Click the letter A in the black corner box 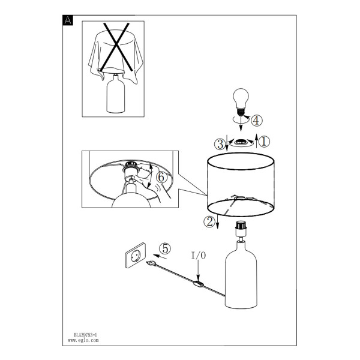click(x=68, y=20)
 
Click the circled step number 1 click(x=264, y=142)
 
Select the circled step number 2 click(x=209, y=222)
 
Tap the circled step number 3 click(x=220, y=145)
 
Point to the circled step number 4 click(x=256, y=121)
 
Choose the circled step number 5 click(x=166, y=248)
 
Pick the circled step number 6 click(x=161, y=178)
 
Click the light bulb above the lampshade click(x=241, y=102)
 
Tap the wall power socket click(x=135, y=256)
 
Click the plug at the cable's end click(x=151, y=263)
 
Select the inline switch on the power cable click(x=199, y=284)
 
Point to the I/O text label click(x=199, y=256)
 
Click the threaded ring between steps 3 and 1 click(x=241, y=142)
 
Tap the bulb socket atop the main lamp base click(x=241, y=228)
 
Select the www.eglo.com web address click(x=83, y=340)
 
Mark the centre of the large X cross click(x=116, y=46)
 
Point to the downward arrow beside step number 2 click(x=217, y=222)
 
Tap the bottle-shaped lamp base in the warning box click(x=116, y=94)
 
